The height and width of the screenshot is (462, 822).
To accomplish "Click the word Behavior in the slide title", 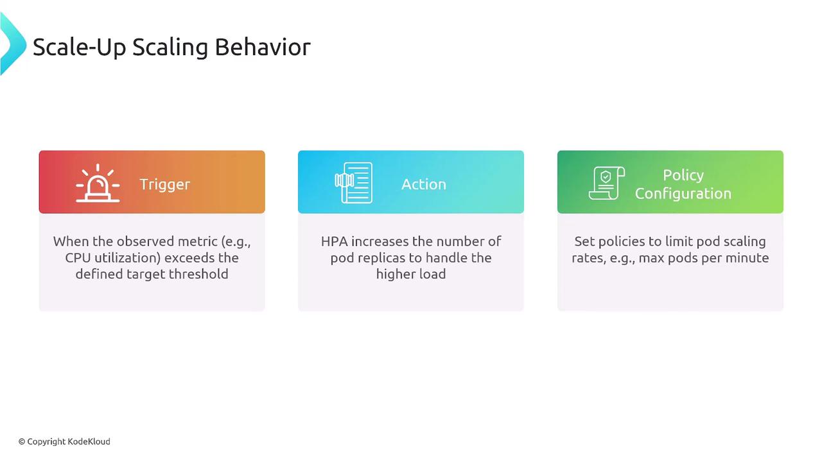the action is click(x=263, y=47).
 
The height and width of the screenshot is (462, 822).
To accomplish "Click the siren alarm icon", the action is click(x=98, y=183).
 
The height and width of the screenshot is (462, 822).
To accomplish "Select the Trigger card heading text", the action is click(x=165, y=184).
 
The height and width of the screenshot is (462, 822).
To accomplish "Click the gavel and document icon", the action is click(x=354, y=183).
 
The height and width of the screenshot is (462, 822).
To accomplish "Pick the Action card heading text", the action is click(x=424, y=184).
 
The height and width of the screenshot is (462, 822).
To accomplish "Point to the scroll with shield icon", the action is click(x=607, y=183).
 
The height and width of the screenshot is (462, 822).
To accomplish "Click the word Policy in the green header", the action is click(x=683, y=175).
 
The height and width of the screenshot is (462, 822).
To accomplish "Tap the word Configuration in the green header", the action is click(x=683, y=194).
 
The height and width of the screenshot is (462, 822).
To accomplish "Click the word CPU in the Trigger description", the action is click(x=78, y=258).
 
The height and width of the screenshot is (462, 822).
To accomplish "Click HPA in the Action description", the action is click(x=335, y=241).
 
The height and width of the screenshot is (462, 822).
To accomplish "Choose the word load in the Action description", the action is click(x=432, y=274).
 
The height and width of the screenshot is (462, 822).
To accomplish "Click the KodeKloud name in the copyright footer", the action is click(x=89, y=441).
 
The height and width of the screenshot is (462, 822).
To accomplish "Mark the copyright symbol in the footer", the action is click(x=22, y=442).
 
